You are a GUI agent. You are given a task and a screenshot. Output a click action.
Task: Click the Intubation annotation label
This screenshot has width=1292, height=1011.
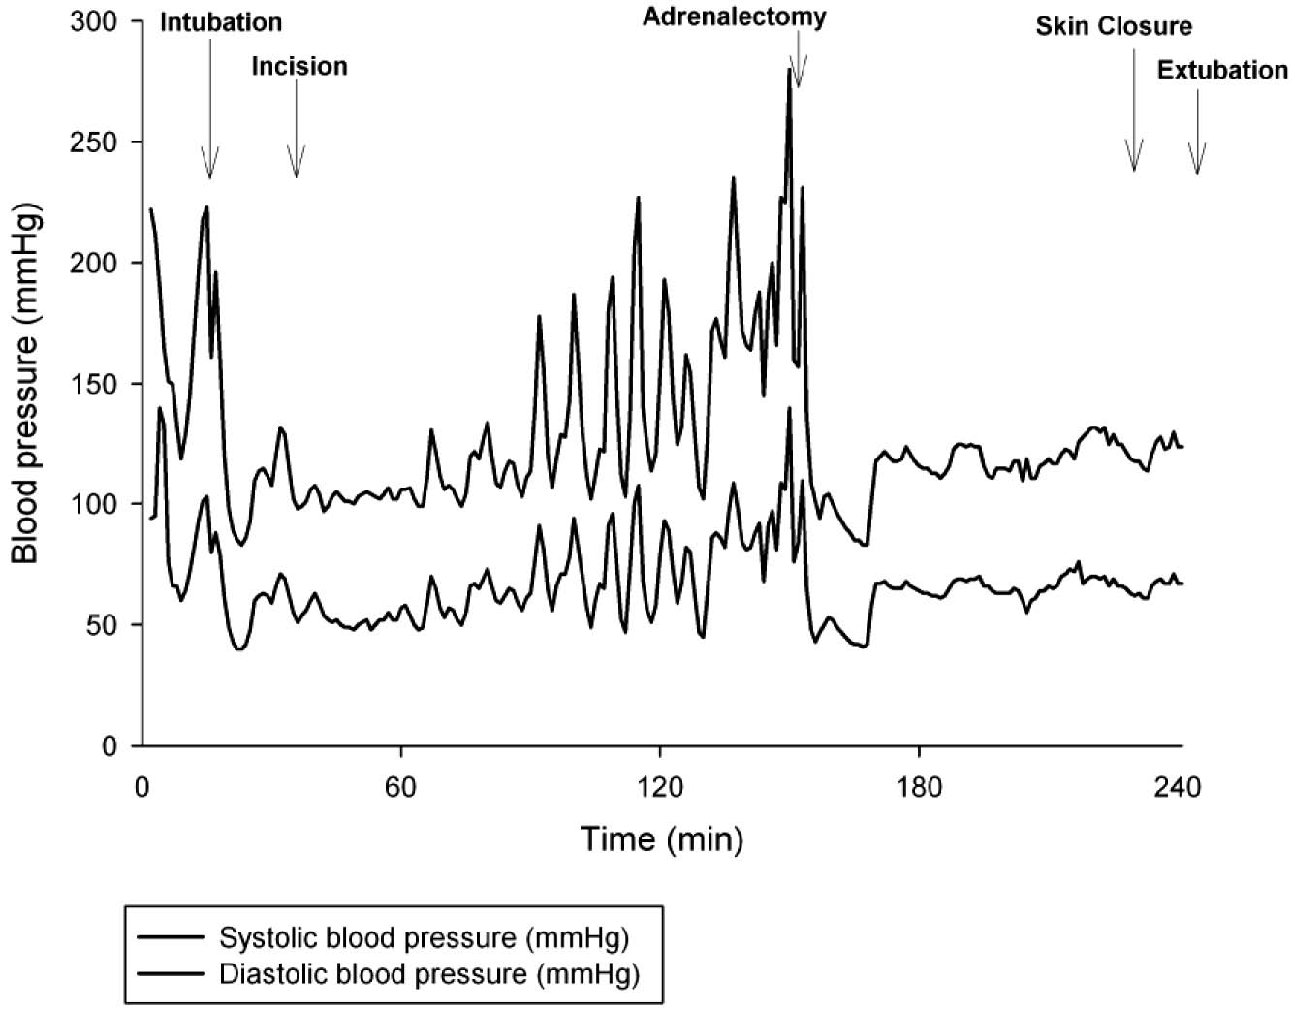[221, 21]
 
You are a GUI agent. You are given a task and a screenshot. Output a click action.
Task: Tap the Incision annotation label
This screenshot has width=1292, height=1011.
[299, 66]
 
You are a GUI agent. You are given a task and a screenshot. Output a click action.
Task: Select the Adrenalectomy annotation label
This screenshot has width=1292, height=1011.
[734, 16]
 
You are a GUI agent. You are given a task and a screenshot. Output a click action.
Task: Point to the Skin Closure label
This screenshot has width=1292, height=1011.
[1114, 25]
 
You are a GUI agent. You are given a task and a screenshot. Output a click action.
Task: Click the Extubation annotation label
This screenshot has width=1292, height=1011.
[1222, 70]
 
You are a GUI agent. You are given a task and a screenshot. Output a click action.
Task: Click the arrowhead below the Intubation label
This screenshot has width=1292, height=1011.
[209, 167]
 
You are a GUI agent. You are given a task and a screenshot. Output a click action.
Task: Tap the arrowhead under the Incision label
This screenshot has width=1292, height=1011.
[297, 167]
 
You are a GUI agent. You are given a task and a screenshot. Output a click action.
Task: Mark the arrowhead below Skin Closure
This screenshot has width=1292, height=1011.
[1134, 160]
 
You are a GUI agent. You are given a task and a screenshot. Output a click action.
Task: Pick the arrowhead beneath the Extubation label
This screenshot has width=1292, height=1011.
[1197, 163]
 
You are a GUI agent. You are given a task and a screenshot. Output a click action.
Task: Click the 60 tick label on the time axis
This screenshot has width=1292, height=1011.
[400, 785]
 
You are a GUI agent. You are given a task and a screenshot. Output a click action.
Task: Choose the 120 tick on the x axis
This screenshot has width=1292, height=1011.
[659, 785]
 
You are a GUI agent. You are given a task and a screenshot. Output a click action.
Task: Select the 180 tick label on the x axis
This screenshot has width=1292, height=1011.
[919, 785]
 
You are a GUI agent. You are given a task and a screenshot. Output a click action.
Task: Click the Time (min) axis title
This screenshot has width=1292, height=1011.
[662, 837]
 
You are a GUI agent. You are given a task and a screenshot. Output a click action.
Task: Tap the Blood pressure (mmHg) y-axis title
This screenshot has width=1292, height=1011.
[26, 384]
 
